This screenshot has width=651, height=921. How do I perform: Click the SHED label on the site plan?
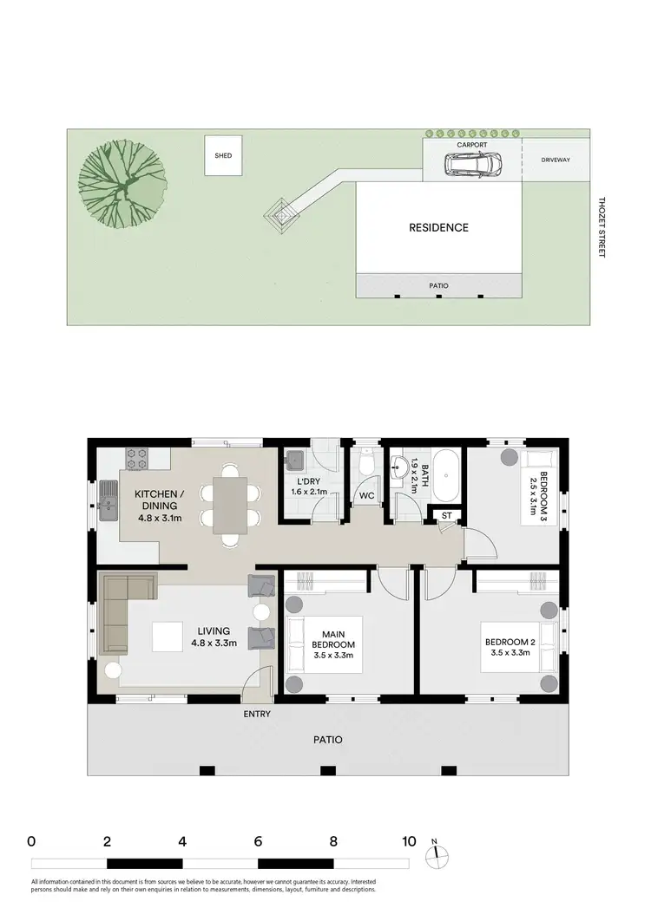pos(223,157)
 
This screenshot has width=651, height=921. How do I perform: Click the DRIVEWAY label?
pos(556,160)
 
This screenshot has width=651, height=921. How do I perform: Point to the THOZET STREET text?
pos(600,227)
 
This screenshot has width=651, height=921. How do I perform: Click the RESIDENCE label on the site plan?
pos(438,228)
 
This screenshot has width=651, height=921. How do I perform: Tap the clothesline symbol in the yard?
pos(282,212)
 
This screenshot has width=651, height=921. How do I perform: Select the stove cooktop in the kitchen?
pos(139,458)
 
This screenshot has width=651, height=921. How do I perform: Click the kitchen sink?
pos(108,501)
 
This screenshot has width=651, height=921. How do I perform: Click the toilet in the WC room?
pos(366,464)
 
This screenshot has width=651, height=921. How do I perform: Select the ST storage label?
pos(447,516)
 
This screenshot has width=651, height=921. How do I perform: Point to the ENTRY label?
pos(257,715)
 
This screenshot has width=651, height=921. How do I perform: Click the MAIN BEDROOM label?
pos(333,638)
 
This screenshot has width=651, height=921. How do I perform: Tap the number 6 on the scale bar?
pos(258,841)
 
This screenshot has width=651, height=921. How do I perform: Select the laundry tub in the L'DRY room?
pos(293,460)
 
